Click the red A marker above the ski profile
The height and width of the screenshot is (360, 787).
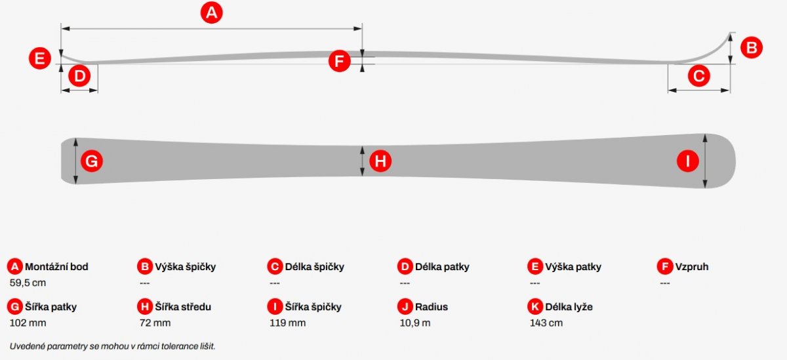tap(211, 12)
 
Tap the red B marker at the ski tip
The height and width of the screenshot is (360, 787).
tap(752, 47)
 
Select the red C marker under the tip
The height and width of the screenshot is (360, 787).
tap(699, 76)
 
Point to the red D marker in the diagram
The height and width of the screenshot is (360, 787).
tap(79, 76)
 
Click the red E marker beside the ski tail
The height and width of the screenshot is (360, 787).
tap(40, 58)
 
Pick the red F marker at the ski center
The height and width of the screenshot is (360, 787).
tap(340, 61)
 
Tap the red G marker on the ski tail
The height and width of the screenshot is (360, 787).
tap(92, 161)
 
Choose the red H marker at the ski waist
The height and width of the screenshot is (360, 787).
tap(380, 161)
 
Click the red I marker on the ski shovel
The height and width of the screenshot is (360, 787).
tap(687, 161)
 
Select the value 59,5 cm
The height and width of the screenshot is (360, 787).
tap(28, 283)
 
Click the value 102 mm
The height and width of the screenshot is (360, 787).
tap(28, 323)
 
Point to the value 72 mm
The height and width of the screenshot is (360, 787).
tap(155, 323)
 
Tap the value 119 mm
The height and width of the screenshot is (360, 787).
tap(287, 323)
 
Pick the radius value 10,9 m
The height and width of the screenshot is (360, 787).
tap(415, 323)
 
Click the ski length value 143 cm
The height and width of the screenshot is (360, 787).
tap(546, 323)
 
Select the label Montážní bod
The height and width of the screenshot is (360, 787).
tap(56, 267)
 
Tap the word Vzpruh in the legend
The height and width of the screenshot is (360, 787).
tap(692, 267)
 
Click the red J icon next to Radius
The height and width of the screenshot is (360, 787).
tap(405, 307)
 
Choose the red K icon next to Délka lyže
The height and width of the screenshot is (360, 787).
tap(535, 307)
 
